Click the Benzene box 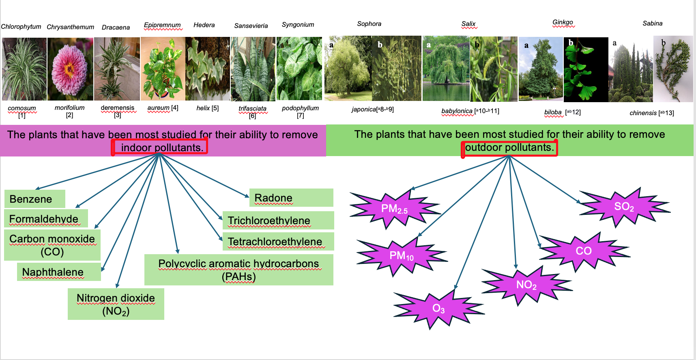[35, 199]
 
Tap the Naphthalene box [59, 272]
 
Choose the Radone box [291, 197]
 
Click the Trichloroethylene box [278, 220]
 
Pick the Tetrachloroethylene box [278, 241]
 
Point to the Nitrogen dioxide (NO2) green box [116, 304]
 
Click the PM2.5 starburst [395, 209]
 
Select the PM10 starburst [402, 256]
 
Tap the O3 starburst [438, 309]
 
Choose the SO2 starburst [624, 207]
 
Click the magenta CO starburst [584, 251]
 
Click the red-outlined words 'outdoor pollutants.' [509, 148]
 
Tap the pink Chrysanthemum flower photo [70, 69]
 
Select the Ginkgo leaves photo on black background [586, 69]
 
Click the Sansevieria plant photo [253, 69]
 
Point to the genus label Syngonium [298, 25]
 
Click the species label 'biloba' [553, 112]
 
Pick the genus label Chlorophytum [21, 27]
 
